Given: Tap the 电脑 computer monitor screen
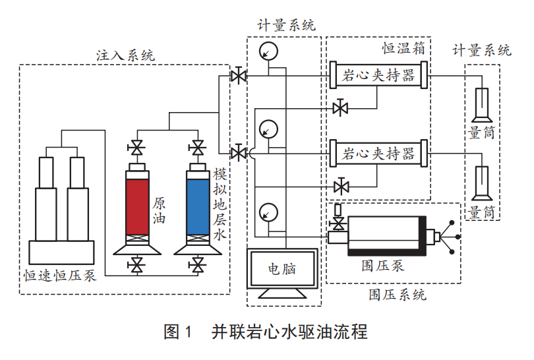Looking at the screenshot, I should [x=282, y=268].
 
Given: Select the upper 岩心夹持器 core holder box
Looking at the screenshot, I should [x=379, y=75].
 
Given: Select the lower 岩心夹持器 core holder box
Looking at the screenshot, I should [x=379, y=154].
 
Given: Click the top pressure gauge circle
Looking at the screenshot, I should [x=268, y=51].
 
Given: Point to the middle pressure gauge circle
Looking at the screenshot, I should [x=268, y=127].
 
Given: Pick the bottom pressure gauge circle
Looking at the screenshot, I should [x=268, y=212].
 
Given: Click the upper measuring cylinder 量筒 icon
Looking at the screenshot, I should [x=481, y=105].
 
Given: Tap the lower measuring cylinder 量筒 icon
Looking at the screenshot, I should [x=481, y=184].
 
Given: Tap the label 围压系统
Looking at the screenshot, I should [x=397, y=294].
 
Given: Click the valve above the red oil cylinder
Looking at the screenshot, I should [x=137, y=147].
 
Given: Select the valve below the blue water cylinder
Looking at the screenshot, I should [x=196, y=266].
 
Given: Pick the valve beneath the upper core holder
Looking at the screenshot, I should [x=341, y=107].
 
